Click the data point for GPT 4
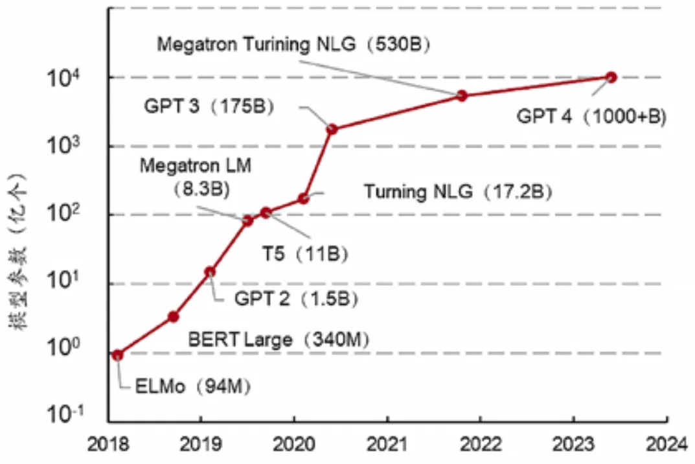click(610, 77)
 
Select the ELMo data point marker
click(117, 354)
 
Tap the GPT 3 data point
click(332, 129)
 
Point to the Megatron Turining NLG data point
click(462, 95)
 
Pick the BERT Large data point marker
click(173, 316)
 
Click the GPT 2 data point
click(210, 272)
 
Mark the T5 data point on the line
click(266, 213)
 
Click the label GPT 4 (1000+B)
click(591, 117)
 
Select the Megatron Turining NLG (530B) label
click(294, 45)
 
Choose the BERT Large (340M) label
click(279, 338)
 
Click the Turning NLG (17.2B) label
click(458, 192)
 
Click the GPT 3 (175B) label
click(209, 106)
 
